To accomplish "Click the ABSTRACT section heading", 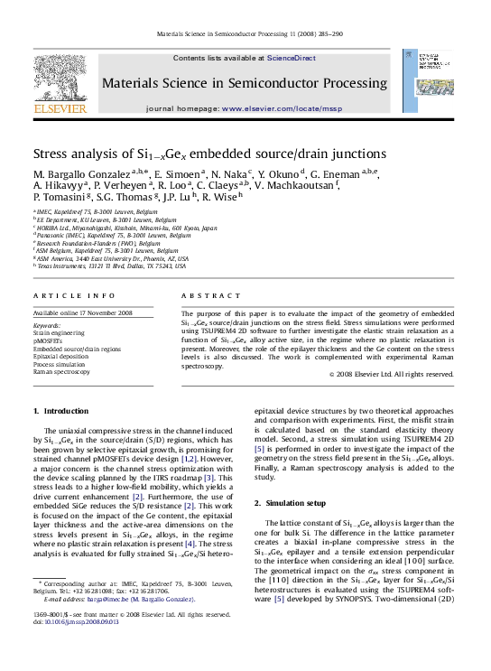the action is [x=204, y=295].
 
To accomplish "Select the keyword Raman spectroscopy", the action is [x=62, y=371].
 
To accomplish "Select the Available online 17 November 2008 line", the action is [x=82, y=312].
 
